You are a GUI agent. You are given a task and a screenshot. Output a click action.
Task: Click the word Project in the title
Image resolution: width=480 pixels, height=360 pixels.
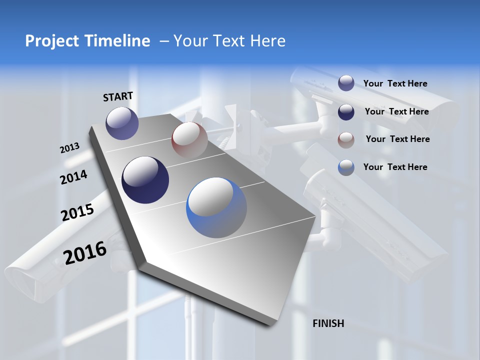pos(50,41)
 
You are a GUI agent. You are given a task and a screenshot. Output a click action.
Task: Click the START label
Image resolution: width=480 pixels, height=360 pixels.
pos(118,96)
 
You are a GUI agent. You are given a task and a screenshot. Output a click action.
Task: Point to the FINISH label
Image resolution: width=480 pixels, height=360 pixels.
pos(328,323)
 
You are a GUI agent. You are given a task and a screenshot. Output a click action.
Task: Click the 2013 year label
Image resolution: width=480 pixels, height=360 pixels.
pos(69,148)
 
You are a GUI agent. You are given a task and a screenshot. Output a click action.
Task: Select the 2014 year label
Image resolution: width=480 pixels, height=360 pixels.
pos(73,177)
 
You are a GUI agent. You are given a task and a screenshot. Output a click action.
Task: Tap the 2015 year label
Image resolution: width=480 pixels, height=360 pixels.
pos(77,212)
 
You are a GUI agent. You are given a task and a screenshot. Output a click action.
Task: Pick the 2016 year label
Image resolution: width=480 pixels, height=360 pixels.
pos(85,253)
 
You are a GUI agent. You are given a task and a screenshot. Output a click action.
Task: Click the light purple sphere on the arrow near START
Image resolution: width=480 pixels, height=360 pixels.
pos(122,123)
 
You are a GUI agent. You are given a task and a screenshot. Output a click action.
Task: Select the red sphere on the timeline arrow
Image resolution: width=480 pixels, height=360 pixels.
pos(189,139)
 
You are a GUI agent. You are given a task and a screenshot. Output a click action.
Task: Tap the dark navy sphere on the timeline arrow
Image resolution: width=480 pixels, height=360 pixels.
pos(145,180)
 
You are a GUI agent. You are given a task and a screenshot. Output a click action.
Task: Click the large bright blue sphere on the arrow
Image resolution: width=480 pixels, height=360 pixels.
pos(216,207)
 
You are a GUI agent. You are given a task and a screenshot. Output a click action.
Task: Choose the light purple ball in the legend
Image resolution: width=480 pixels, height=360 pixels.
pos(346,83)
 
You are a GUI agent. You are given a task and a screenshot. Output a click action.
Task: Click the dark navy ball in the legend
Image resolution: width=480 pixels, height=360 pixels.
pos(346,112)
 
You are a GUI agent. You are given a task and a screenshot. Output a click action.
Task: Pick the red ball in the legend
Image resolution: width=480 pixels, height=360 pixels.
pos(346,140)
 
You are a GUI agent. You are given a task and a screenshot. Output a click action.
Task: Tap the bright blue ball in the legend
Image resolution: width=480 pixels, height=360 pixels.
pos(346,167)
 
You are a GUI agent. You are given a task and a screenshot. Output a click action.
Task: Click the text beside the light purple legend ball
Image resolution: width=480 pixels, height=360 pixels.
pos(395,84)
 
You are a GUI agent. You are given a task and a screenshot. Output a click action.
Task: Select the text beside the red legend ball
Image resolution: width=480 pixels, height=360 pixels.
pos(397,139)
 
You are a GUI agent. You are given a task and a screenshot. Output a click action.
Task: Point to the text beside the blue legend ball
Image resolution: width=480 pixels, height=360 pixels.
pos(395,167)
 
